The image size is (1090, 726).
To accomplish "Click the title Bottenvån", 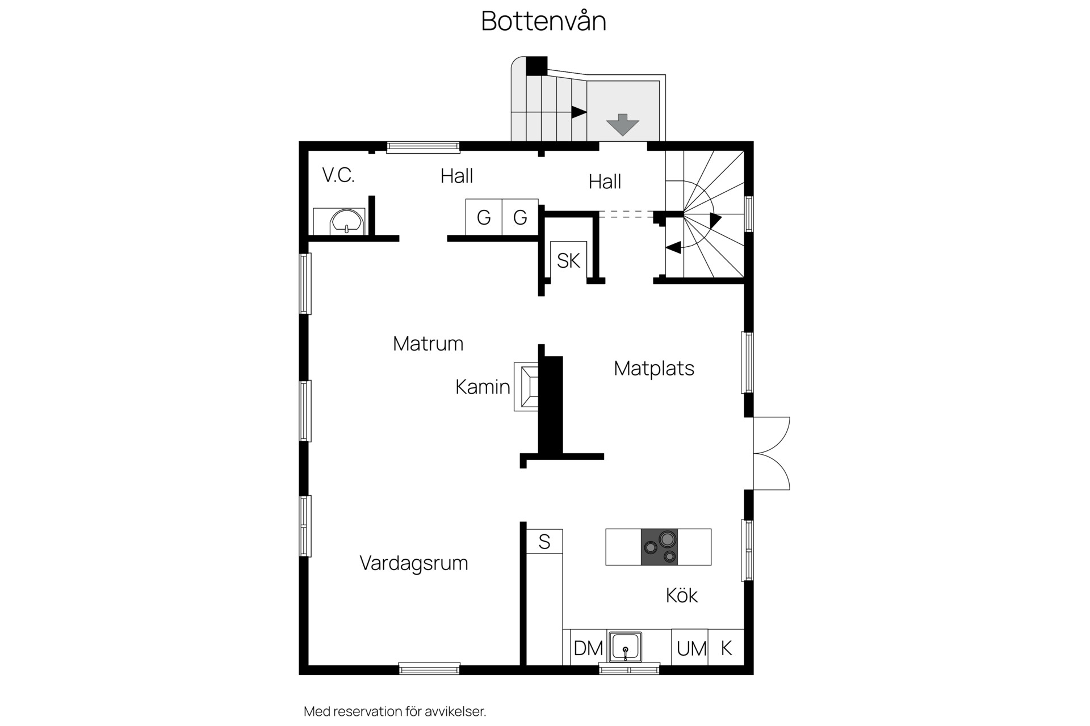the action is [x=544, y=21].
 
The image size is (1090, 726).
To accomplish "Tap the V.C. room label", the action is [x=338, y=175].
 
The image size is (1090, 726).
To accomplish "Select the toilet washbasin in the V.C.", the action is [x=346, y=221].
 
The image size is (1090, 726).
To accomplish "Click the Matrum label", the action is [x=428, y=343].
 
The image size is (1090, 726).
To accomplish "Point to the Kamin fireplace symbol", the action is [x=526, y=386].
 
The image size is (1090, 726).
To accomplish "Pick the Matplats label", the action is [x=654, y=368].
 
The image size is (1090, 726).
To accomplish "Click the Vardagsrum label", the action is [x=414, y=563].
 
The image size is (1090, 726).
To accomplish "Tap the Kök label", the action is [x=681, y=595].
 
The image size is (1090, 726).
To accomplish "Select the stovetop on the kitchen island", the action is [x=659, y=547].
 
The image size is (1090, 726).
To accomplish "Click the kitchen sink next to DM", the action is [x=625, y=647].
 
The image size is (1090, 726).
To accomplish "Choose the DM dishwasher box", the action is [x=588, y=647].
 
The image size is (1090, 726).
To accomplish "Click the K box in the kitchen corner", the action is [x=726, y=647].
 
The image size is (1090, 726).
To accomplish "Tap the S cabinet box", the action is [x=544, y=541].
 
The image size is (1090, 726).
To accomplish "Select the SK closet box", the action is [x=568, y=260].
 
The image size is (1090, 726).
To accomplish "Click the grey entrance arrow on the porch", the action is [x=623, y=124].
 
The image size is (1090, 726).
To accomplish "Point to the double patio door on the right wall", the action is [x=772, y=454].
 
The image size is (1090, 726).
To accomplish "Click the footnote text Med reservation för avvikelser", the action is [x=395, y=711].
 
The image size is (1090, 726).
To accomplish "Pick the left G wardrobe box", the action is [x=484, y=217].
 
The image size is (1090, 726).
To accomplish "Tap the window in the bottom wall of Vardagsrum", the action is [x=429, y=669].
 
